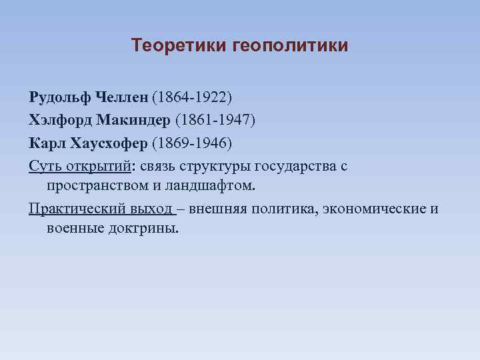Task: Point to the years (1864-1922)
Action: [x=192, y=98]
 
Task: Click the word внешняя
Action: [x=217, y=209]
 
